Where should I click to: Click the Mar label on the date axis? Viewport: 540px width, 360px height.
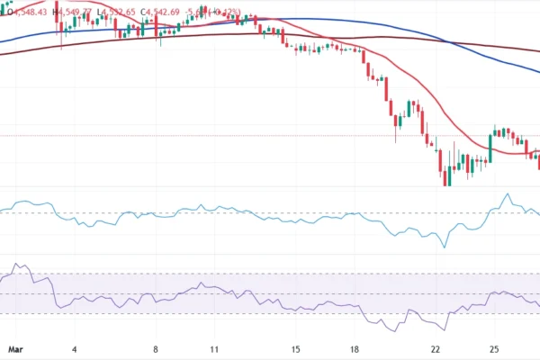(x=13, y=347)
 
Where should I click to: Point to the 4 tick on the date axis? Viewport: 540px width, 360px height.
(x=75, y=347)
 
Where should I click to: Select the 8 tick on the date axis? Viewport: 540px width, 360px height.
(x=157, y=347)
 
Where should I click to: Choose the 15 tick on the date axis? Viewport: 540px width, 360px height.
(x=295, y=347)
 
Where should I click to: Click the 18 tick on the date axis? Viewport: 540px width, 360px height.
(x=355, y=347)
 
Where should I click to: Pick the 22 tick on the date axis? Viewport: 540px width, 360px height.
(x=436, y=347)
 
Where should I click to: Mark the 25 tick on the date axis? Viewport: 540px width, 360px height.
(x=495, y=347)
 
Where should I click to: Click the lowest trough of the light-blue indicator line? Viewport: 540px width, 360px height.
(x=445, y=247)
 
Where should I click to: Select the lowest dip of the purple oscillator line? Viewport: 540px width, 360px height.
(x=447, y=329)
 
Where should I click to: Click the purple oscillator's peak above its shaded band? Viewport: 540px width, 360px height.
(x=19, y=265)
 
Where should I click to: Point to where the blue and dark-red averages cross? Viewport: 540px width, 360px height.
(x=450, y=41)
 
